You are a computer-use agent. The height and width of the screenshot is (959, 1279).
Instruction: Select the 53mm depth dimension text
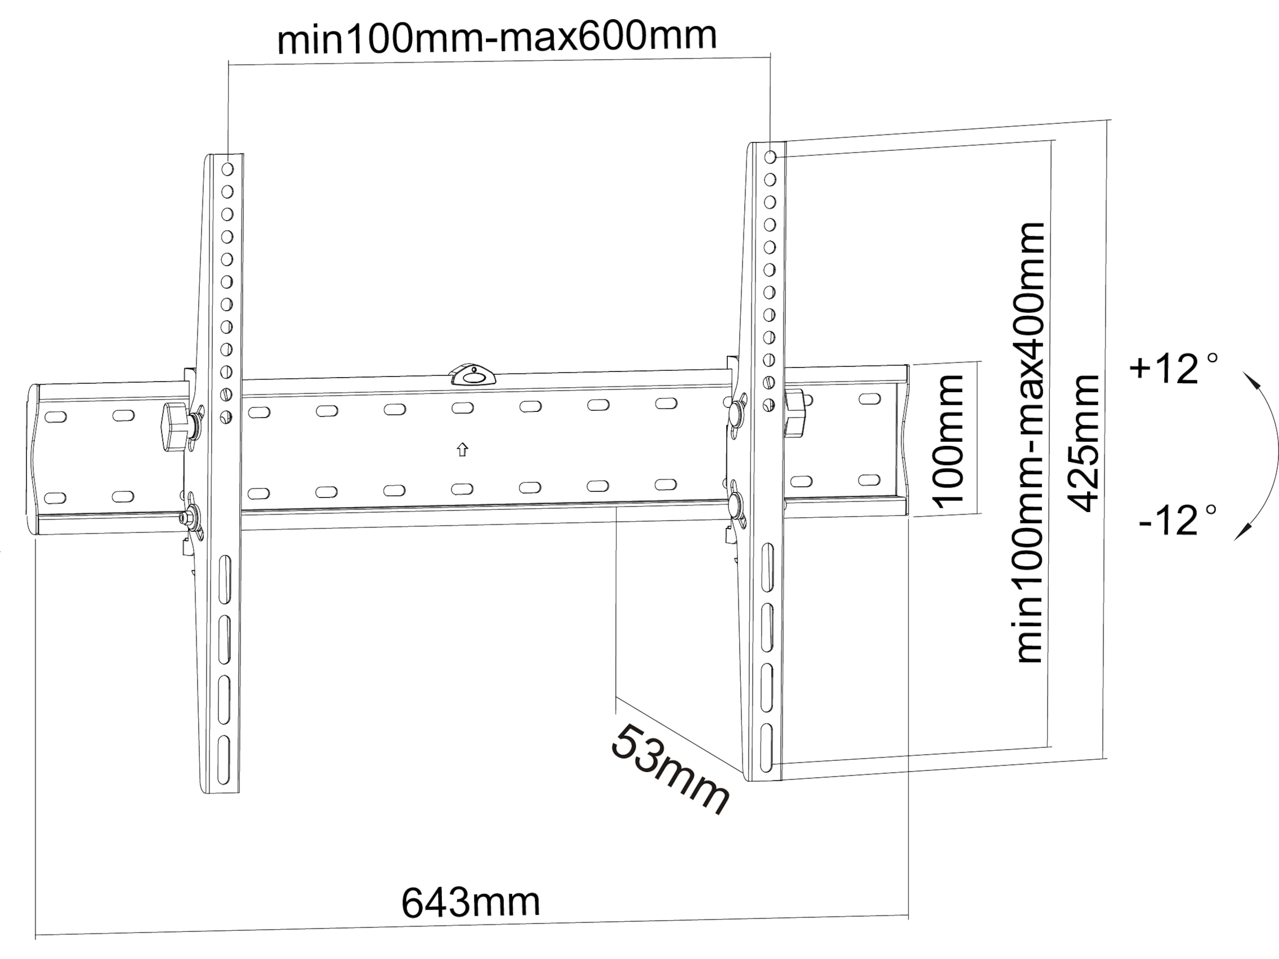coord(670,768)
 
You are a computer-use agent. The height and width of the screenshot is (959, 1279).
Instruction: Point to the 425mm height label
coord(1083,443)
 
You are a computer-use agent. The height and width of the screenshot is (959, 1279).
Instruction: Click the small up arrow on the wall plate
coord(462,450)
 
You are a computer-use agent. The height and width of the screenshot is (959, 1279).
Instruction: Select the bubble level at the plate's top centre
coord(473,375)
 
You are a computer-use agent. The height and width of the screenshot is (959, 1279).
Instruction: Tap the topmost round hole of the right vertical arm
coord(770,157)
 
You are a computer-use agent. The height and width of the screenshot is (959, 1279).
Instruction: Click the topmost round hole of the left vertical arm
coord(227,169)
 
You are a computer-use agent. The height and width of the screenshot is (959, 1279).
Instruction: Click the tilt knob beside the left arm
coord(175,427)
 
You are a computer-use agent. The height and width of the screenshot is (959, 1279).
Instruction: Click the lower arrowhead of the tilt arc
coord(1242,531)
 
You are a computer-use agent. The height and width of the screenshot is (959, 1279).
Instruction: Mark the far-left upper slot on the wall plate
coord(55,416)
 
